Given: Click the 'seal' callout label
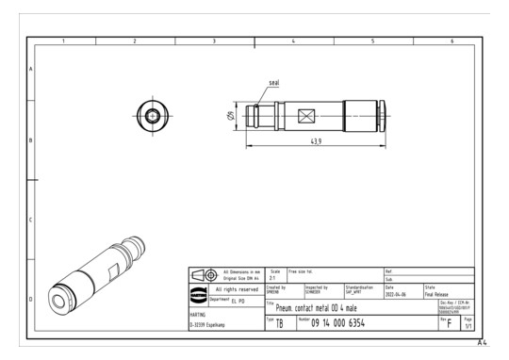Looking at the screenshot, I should tap(274, 83).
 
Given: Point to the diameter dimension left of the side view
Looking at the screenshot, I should tap(230, 117).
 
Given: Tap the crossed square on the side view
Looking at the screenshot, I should tap(305, 117).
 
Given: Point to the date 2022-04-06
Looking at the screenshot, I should tap(398, 293).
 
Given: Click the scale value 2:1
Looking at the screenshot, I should tap(273, 278).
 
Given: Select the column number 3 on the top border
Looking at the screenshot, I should tap(214, 41).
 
